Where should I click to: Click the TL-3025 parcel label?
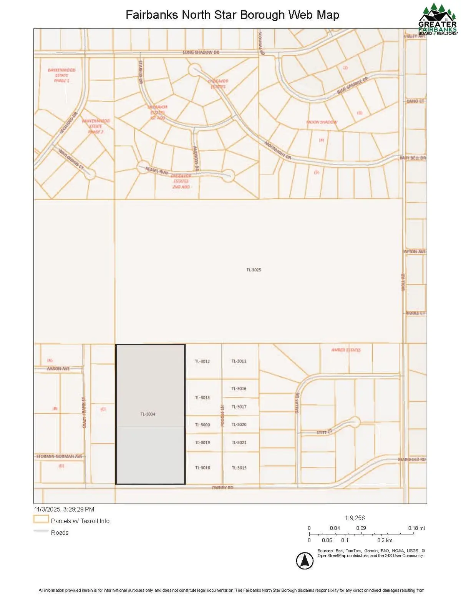pos(254,270)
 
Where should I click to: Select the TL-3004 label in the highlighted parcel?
pos(148,414)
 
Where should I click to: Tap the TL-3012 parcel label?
pos(202,361)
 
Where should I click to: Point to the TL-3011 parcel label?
pos(239,361)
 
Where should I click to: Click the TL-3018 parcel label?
pos(202,468)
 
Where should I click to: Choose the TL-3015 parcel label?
pos(239,468)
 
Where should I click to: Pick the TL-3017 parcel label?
pos(239,407)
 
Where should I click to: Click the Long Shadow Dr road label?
pos(201,52)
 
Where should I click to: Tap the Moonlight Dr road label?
pos(278,150)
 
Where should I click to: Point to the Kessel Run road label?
pos(156,170)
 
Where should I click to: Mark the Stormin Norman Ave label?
pos(60,456)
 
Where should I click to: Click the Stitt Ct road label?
pos(323,432)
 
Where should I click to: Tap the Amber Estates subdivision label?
pos(346,350)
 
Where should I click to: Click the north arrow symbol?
pos(305,560)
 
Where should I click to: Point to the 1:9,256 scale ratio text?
pos(355,518)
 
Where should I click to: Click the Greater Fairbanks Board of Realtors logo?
pos(438,19)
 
